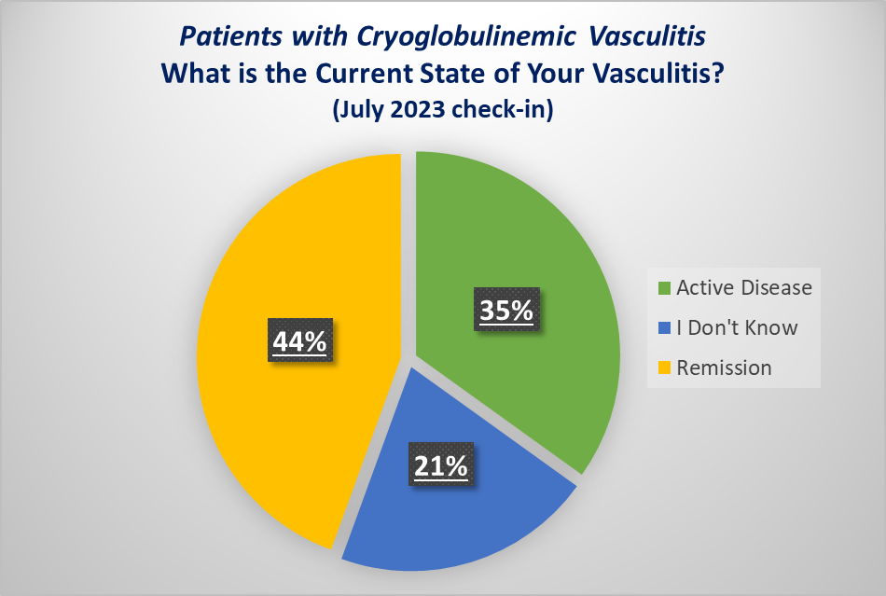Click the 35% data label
pos(506,311)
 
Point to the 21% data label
pos(440,465)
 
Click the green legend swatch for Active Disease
pos(664,287)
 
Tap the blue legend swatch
pos(664,327)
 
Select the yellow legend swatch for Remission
pos(664,367)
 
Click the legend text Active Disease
pos(744,287)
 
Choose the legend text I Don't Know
pos(738,327)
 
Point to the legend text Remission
pos(725,367)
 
